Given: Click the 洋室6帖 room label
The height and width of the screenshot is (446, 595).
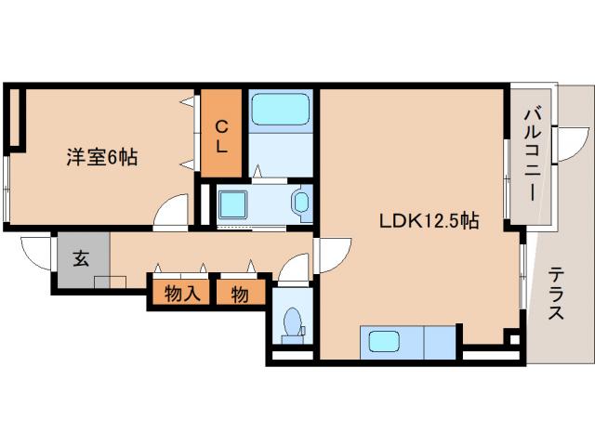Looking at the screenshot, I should (101, 158).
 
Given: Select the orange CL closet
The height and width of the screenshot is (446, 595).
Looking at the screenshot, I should (222, 134).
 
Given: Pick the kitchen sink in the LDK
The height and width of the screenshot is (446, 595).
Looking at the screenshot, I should (384, 342).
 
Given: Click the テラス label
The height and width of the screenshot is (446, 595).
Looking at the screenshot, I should (555, 293).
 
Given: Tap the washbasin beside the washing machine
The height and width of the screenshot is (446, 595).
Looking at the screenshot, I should (301, 202).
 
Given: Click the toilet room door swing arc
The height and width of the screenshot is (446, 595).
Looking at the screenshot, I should (294, 269).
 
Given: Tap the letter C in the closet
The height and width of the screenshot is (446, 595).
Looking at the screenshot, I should (222, 126).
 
